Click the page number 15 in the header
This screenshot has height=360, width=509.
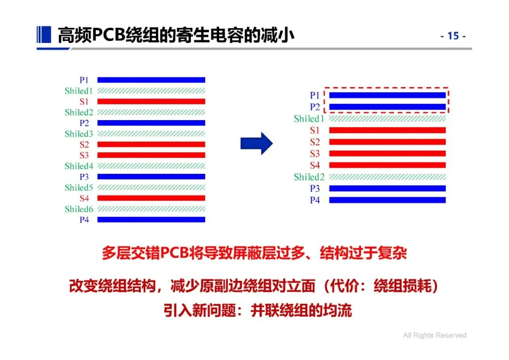click(453, 36)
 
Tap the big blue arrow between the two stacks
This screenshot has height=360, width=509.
click(256, 143)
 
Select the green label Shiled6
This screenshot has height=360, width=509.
click(79, 209)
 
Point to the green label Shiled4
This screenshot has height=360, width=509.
click(79, 166)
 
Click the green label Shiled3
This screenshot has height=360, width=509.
click(79, 134)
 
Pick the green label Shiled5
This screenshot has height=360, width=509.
click(79, 188)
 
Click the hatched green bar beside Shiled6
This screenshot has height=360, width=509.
click(151, 209)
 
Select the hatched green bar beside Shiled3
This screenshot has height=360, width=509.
click(151, 134)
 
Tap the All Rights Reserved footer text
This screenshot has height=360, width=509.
click(435, 335)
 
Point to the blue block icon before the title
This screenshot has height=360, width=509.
click(43, 34)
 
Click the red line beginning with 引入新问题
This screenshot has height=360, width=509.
click(258, 311)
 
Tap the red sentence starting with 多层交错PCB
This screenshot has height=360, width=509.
click(254, 254)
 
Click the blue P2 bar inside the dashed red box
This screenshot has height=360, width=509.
click(387, 107)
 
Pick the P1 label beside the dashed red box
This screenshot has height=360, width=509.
click(315, 96)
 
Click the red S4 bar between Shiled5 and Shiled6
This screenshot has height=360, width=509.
click(151, 198)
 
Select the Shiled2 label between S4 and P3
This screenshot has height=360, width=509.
click(309, 177)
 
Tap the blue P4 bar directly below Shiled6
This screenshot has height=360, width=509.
click(151, 220)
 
